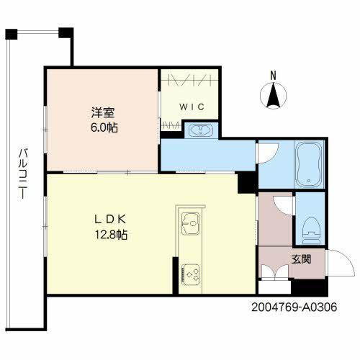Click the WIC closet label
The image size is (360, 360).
click(192, 107)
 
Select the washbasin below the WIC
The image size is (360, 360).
click(197, 130)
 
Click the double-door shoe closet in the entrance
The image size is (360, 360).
click(274, 275)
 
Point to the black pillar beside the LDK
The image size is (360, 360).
click(247, 183)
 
